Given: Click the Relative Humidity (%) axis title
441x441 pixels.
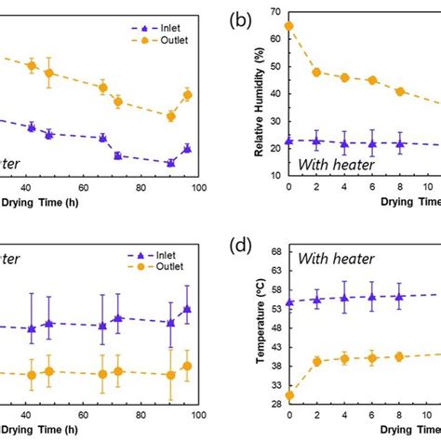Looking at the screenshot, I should tap(256, 93).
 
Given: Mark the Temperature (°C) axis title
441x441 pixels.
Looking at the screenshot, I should tap(256, 327).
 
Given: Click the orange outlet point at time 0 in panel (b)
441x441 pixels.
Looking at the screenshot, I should tap(289, 26).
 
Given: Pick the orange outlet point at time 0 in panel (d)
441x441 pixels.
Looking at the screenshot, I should tap(289, 395).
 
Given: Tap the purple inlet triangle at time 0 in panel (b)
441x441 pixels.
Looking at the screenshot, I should tap(289, 140).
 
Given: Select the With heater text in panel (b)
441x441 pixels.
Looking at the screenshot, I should tap(335, 164).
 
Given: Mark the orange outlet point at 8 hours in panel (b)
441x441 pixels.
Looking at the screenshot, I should tap(400, 91).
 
